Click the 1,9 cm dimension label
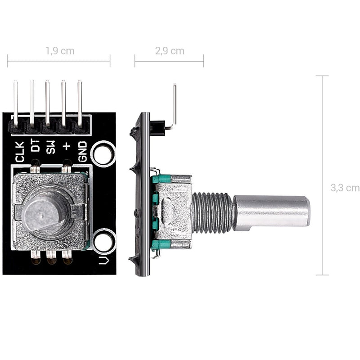pos(60,51)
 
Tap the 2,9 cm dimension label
pos(170,51)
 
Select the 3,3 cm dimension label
pos(345,188)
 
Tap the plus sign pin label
pos(67,145)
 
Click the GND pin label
pos(83,152)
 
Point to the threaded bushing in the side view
pos(212,212)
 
